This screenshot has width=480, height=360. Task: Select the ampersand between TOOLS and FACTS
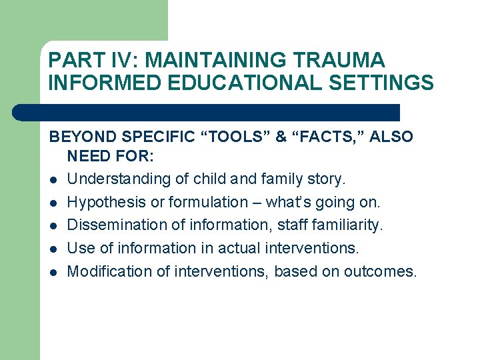pos(280,137)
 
